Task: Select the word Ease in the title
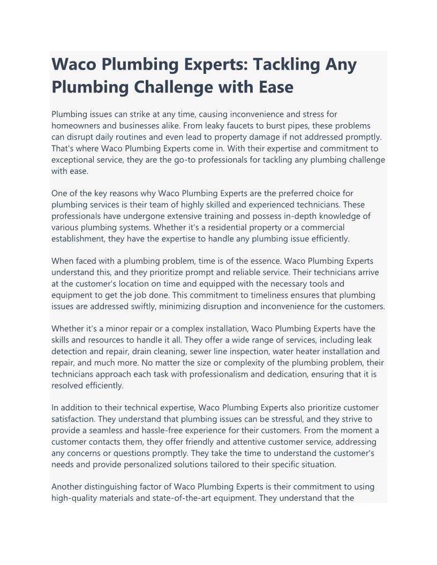(x=274, y=87)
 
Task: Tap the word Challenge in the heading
(x=185, y=87)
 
